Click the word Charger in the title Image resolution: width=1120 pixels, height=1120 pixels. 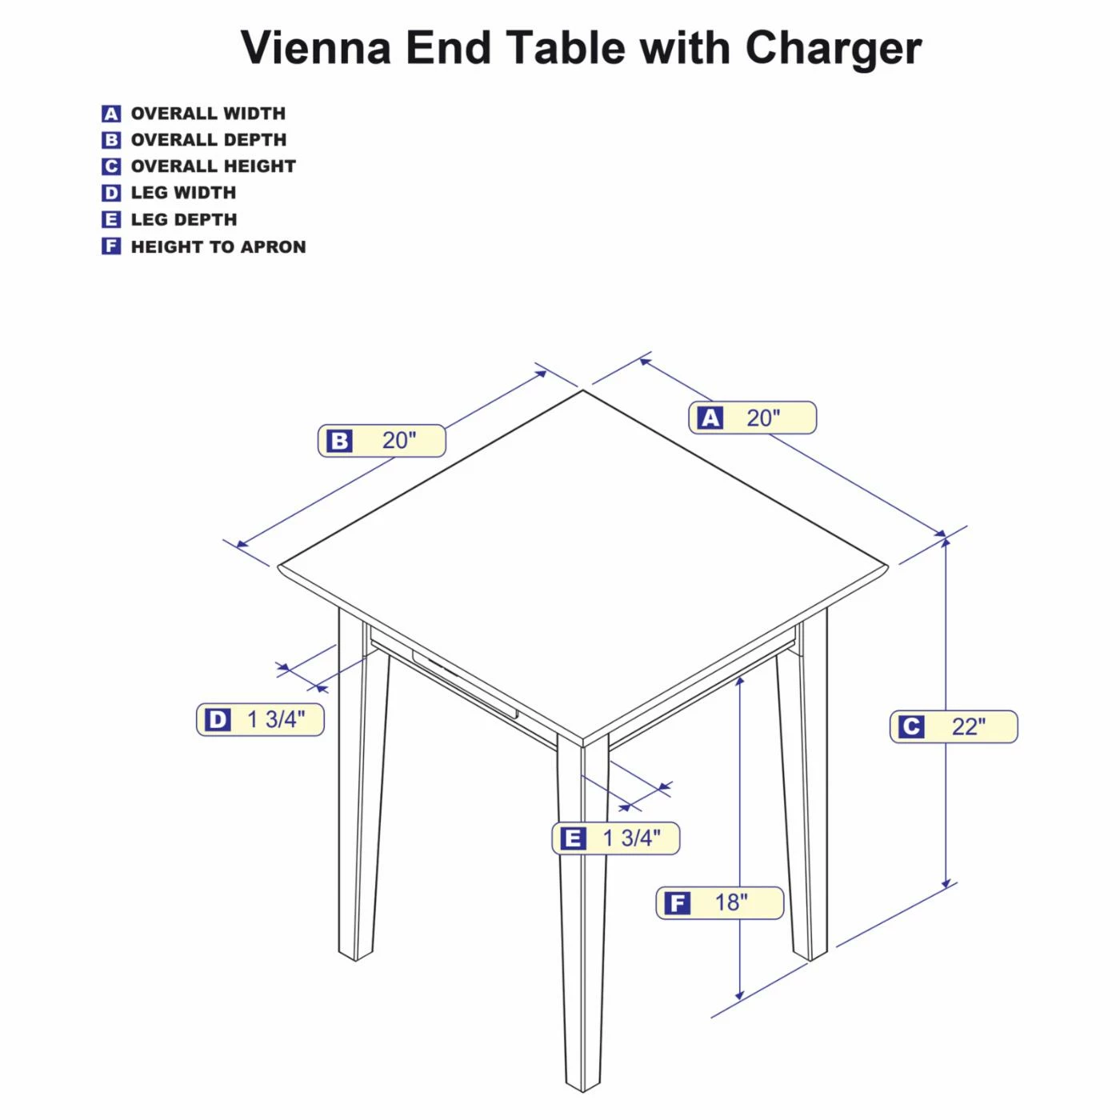click(x=833, y=48)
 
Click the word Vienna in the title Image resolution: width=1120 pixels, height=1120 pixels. click(x=316, y=48)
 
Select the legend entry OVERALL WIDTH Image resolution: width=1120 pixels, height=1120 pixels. click(x=208, y=114)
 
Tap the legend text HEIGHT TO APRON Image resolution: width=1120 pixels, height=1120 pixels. click(x=218, y=246)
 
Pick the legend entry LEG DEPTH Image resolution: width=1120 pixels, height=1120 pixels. click(x=184, y=219)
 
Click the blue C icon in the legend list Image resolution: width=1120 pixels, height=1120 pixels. click(x=111, y=166)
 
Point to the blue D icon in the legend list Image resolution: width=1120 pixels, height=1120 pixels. click(x=111, y=193)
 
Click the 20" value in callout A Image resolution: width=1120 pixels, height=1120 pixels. click(x=763, y=418)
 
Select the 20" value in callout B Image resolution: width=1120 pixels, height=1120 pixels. click(x=399, y=440)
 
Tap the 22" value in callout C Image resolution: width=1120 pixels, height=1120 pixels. click(x=968, y=726)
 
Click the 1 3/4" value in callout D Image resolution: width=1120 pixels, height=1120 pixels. click(x=276, y=719)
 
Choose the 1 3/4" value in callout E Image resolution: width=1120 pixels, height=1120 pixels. click(x=631, y=838)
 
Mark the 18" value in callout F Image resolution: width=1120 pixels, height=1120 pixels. click(x=730, y=902)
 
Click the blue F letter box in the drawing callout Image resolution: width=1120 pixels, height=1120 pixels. click(x=678, y=903)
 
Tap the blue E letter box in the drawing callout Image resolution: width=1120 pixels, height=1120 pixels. click(x=573, y=838)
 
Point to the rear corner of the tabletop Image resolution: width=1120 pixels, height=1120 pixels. click(x=583, y=391)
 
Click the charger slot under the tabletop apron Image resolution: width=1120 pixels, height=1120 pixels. click(x=464, y=685)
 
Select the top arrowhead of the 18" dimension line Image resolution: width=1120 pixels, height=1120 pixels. click(x=740, y=681)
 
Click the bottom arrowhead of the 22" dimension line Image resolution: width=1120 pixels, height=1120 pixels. click(x=946, y=882)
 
